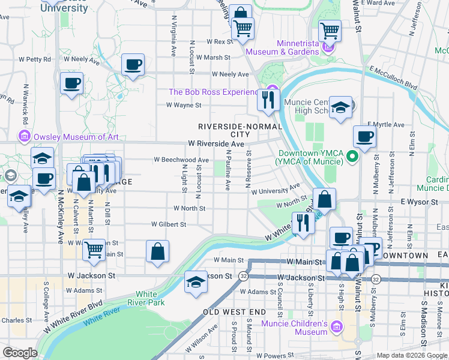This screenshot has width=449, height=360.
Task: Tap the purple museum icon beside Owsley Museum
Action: click(x=25, y=137)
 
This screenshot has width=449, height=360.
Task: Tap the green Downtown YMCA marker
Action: click(x=352, y=157)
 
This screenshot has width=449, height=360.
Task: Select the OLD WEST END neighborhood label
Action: click(x=234, y=313)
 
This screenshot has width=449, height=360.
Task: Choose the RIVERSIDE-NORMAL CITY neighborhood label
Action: click(x=240, y=130)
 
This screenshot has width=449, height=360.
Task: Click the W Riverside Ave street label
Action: click(x=215, y=144)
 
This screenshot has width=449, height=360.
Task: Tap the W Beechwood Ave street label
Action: click(x=181, y=160)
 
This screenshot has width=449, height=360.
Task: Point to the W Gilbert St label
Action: click(x=169, y=224)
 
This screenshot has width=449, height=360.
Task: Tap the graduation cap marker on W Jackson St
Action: click(x=196, y=282)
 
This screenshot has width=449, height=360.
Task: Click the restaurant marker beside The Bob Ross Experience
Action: click(x=267, y=98)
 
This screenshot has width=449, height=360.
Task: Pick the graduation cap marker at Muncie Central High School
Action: click(x=340, y=107)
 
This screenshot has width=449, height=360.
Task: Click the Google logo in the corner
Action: click(x=20, y=353)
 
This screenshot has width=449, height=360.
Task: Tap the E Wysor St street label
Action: click(x=420, y=202)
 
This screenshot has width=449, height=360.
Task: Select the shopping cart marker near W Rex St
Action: click(x=243, y=28)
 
